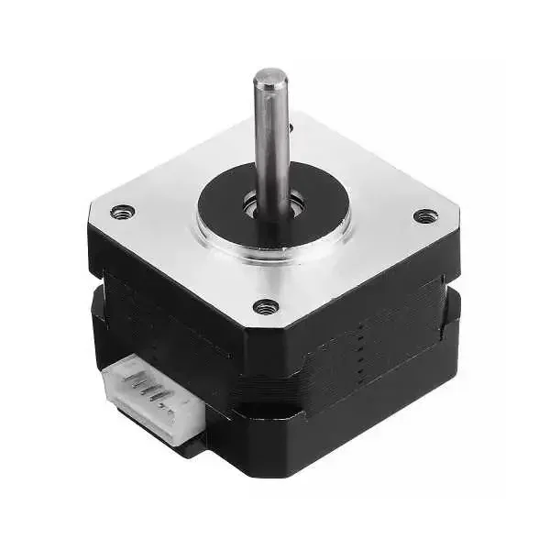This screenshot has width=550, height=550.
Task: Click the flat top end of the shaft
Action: [x=270, y=77]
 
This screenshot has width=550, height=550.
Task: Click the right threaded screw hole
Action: [x=424, y=216]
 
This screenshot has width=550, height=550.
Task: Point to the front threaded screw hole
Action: [x=266, y=306]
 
